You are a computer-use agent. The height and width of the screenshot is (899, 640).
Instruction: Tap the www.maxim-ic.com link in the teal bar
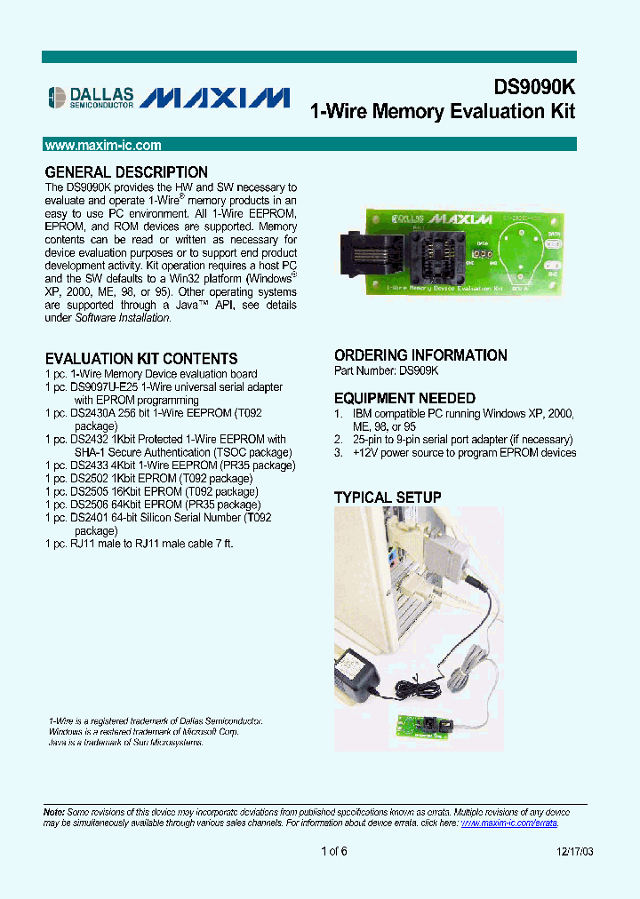pyautogui.click(x=103, y=145)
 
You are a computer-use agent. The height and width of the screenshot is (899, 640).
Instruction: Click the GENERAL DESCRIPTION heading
pyautogui.click(x=126, y=172)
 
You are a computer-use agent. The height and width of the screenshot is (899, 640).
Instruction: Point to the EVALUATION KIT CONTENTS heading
pyautogui.click(x=141, y=359)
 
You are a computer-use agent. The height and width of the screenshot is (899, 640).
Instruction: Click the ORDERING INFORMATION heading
pyautogui.click(x=420, y=355)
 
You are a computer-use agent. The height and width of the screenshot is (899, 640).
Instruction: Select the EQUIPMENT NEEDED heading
pyautogui.click(x=404, y=399)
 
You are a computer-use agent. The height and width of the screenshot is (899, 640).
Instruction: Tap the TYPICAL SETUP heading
pyautogui.click(x=388, y=497)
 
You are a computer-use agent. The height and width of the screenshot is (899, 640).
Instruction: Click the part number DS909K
pyautogui.click(x=418, y=371)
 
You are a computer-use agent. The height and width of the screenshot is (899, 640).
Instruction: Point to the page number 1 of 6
pyautogui.click(x=334, y=852)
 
